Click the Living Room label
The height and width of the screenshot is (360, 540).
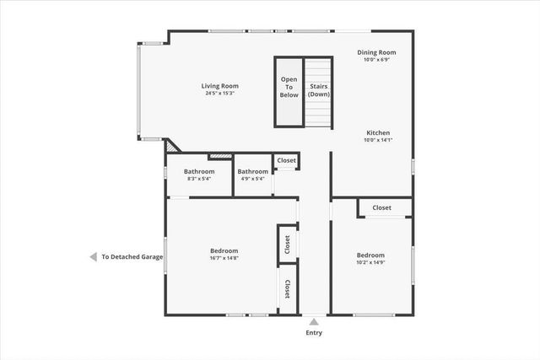219,86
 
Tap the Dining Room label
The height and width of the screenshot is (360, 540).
376,52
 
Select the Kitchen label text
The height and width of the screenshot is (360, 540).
377,133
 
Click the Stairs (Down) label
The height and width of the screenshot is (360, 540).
318,90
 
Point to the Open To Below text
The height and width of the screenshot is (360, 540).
289,87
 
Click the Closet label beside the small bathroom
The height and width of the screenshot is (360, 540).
286,160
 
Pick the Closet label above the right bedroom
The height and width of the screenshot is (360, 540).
381,207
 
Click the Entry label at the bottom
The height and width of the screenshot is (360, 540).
313,333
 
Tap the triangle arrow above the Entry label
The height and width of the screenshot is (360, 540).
313,321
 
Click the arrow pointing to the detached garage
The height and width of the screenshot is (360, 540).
93,257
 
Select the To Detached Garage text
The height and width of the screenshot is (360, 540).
132,257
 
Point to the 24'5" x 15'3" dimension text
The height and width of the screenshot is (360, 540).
219,94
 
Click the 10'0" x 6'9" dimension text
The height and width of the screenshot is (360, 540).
376,60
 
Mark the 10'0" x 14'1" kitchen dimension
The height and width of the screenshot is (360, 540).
377,141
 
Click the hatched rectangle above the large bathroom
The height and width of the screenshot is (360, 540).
220,156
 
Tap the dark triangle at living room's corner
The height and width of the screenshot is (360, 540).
171,145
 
